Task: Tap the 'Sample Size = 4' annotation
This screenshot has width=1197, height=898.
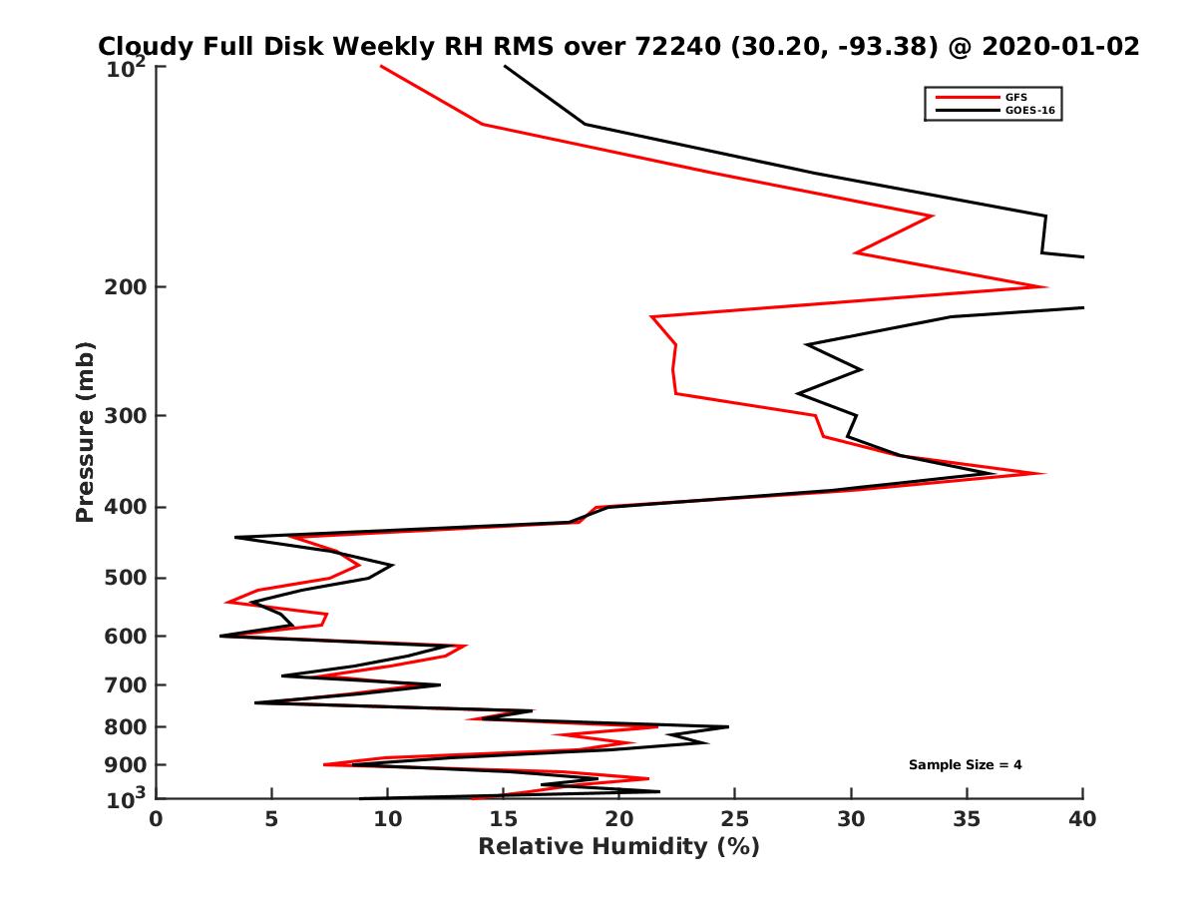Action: pos(965,765)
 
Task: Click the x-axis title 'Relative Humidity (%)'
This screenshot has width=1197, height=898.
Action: pos(618,847)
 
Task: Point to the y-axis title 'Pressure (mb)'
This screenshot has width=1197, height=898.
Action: pos(85,431)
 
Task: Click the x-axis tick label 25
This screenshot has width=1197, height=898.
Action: pos(735,819)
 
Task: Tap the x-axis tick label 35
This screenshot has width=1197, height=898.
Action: pos(967,819)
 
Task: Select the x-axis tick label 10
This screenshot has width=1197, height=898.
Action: pos(387,819)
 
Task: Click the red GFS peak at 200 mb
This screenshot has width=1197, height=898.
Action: pos(1043,287)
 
